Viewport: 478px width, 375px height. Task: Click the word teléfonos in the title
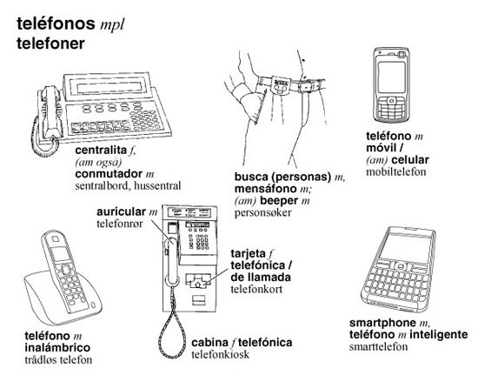click(56, 23)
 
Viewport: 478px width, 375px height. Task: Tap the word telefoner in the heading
click(50, 44)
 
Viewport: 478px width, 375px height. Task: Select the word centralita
click(101, 150)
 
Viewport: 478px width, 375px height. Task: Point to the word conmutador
click(109, 174)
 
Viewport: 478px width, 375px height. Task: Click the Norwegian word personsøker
click(262, 212)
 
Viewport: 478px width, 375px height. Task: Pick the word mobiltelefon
click(396, 171)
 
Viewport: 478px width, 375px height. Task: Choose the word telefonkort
click(256, 289)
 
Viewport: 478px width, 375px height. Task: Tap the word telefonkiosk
click(221, 354)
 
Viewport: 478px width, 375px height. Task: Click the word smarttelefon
click(378, 346)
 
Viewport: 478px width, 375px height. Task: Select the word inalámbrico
click(57, 347)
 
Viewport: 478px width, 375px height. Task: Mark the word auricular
click(122, 211)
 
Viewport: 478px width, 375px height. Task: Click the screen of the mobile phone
click(391, 77)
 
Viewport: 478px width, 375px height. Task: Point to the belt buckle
click(305, 86)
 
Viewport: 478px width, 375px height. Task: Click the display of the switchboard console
click(110, 88)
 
